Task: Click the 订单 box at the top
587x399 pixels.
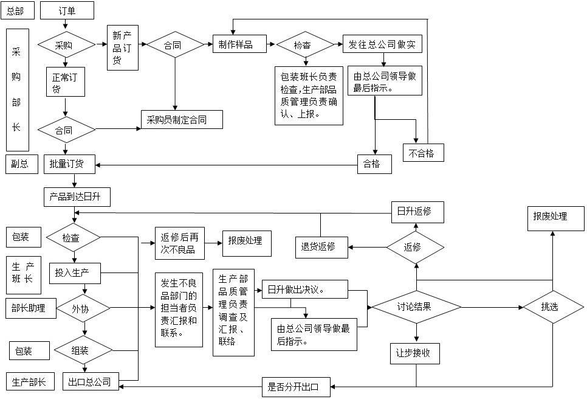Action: (67, 10)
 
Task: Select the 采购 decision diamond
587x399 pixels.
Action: (66, 45)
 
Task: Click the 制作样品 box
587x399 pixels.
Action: (239, 44)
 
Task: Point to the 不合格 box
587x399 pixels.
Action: (423, 152)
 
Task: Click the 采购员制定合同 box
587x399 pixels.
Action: (182, 120)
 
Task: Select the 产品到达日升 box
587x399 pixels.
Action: (77, 197)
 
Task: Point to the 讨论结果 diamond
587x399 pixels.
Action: (417, 307)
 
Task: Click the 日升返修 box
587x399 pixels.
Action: (417, 212)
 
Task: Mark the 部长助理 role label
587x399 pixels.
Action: (29, 308)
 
